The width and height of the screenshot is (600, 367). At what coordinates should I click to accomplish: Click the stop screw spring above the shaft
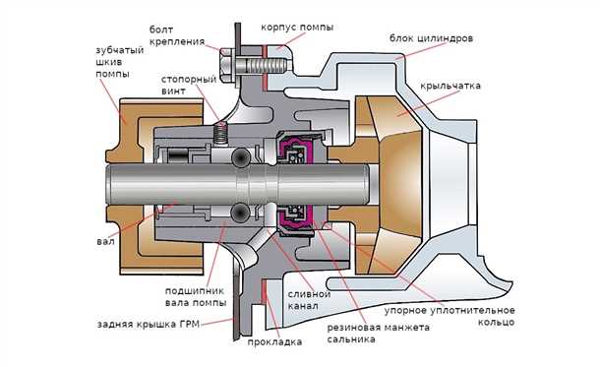click(x=221, y=137)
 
